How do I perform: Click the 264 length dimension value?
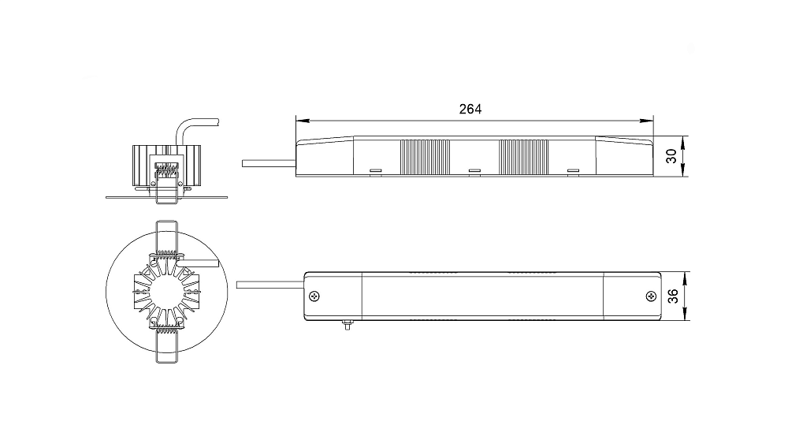[x=470, y=109]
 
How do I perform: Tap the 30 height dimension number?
[x=671, y=156]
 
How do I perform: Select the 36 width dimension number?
[x=673, y=296]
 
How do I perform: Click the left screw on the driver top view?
[x=315, y=296]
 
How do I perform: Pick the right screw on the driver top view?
[x=651, y=296]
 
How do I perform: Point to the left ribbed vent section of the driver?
[x=425, y=158]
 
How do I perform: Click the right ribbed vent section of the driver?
[x=524, y=158]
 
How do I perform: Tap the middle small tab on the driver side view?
[x=474, y=172]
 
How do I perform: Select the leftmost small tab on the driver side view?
[x=375, y=172]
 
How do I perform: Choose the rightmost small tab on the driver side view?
[x=573, y=172]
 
